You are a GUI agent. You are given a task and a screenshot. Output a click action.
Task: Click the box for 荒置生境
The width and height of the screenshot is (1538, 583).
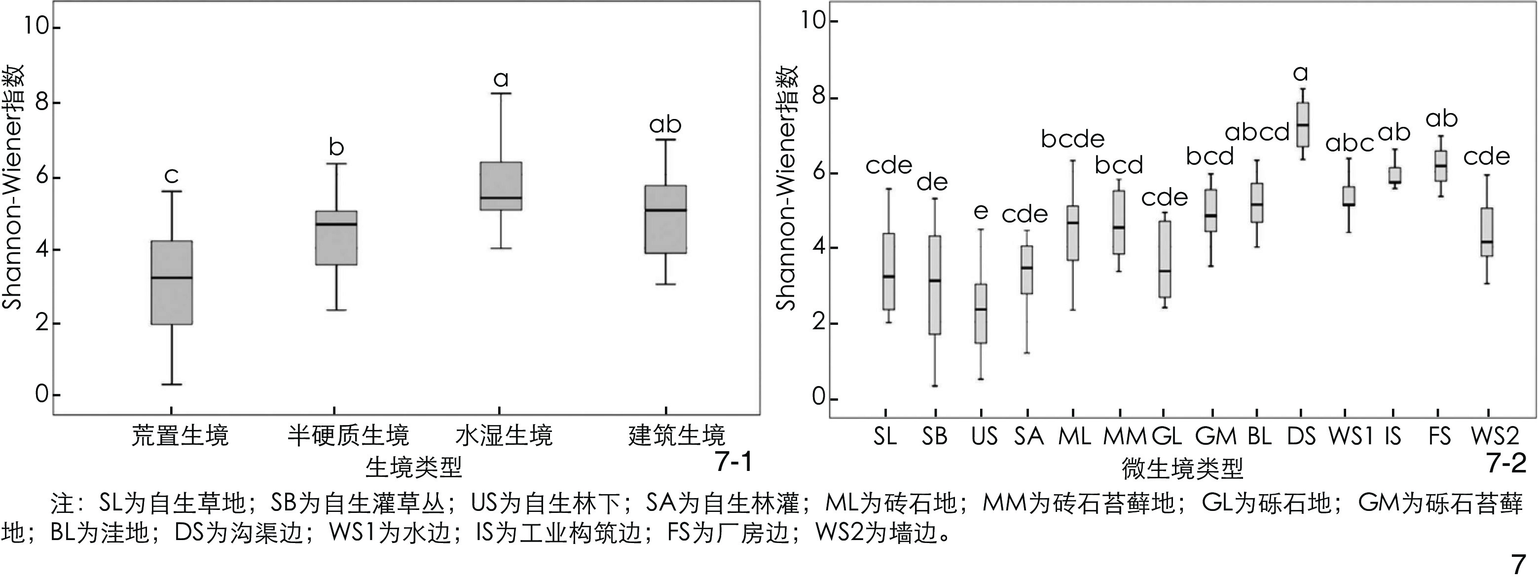click(x=171, y=282)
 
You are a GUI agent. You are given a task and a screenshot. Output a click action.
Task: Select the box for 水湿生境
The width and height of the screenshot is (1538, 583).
click(x=501, y=186)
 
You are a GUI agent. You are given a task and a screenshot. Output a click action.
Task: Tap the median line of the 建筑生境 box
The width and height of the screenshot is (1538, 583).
click(x=666, y=210)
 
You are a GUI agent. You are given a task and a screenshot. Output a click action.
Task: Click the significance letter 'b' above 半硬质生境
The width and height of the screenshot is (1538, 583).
click(x=337, y=147)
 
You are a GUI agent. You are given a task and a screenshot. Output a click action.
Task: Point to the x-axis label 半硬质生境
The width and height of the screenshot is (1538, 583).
click(x=348, y=435)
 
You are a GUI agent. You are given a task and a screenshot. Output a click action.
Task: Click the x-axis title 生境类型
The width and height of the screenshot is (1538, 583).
click(x=414, y=466)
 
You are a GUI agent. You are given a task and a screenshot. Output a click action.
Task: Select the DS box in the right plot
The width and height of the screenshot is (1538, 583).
click(x=1302, y=124)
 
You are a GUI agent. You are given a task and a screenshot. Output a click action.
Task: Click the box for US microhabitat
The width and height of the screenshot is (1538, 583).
click(x=980, y=313)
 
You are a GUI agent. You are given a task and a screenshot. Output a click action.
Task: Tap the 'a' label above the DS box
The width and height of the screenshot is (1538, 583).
click(x=1300, y=74)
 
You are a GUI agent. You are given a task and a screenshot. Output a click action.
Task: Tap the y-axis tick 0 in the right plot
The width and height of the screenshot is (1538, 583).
click(x=818, y=398)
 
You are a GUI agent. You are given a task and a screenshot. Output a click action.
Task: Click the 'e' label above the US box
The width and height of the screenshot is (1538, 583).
click(x=980, y=211)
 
